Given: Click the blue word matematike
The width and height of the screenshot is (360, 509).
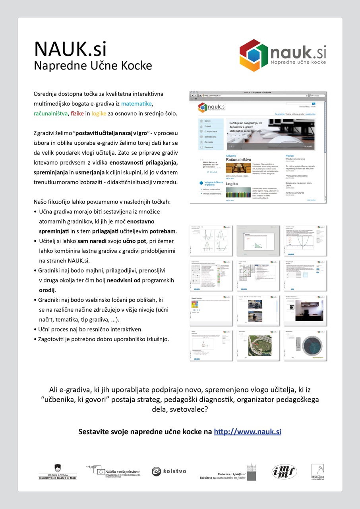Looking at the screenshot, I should (137, 104).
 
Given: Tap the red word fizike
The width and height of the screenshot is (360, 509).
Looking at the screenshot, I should (77, 113).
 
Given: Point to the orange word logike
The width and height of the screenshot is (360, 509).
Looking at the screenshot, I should (99, 113).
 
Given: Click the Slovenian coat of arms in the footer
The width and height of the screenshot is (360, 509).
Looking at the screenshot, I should (58, 468).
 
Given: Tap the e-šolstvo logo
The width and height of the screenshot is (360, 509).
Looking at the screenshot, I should (169, 471).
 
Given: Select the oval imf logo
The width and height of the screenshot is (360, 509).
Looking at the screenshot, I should (284, 471).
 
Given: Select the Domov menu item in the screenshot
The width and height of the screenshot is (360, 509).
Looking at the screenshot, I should (207, 121).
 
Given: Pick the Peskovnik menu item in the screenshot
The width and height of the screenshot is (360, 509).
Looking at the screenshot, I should (209, 148).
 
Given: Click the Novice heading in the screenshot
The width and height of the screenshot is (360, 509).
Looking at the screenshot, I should (290, 155).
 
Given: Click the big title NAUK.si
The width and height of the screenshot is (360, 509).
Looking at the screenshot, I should (70, 49).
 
